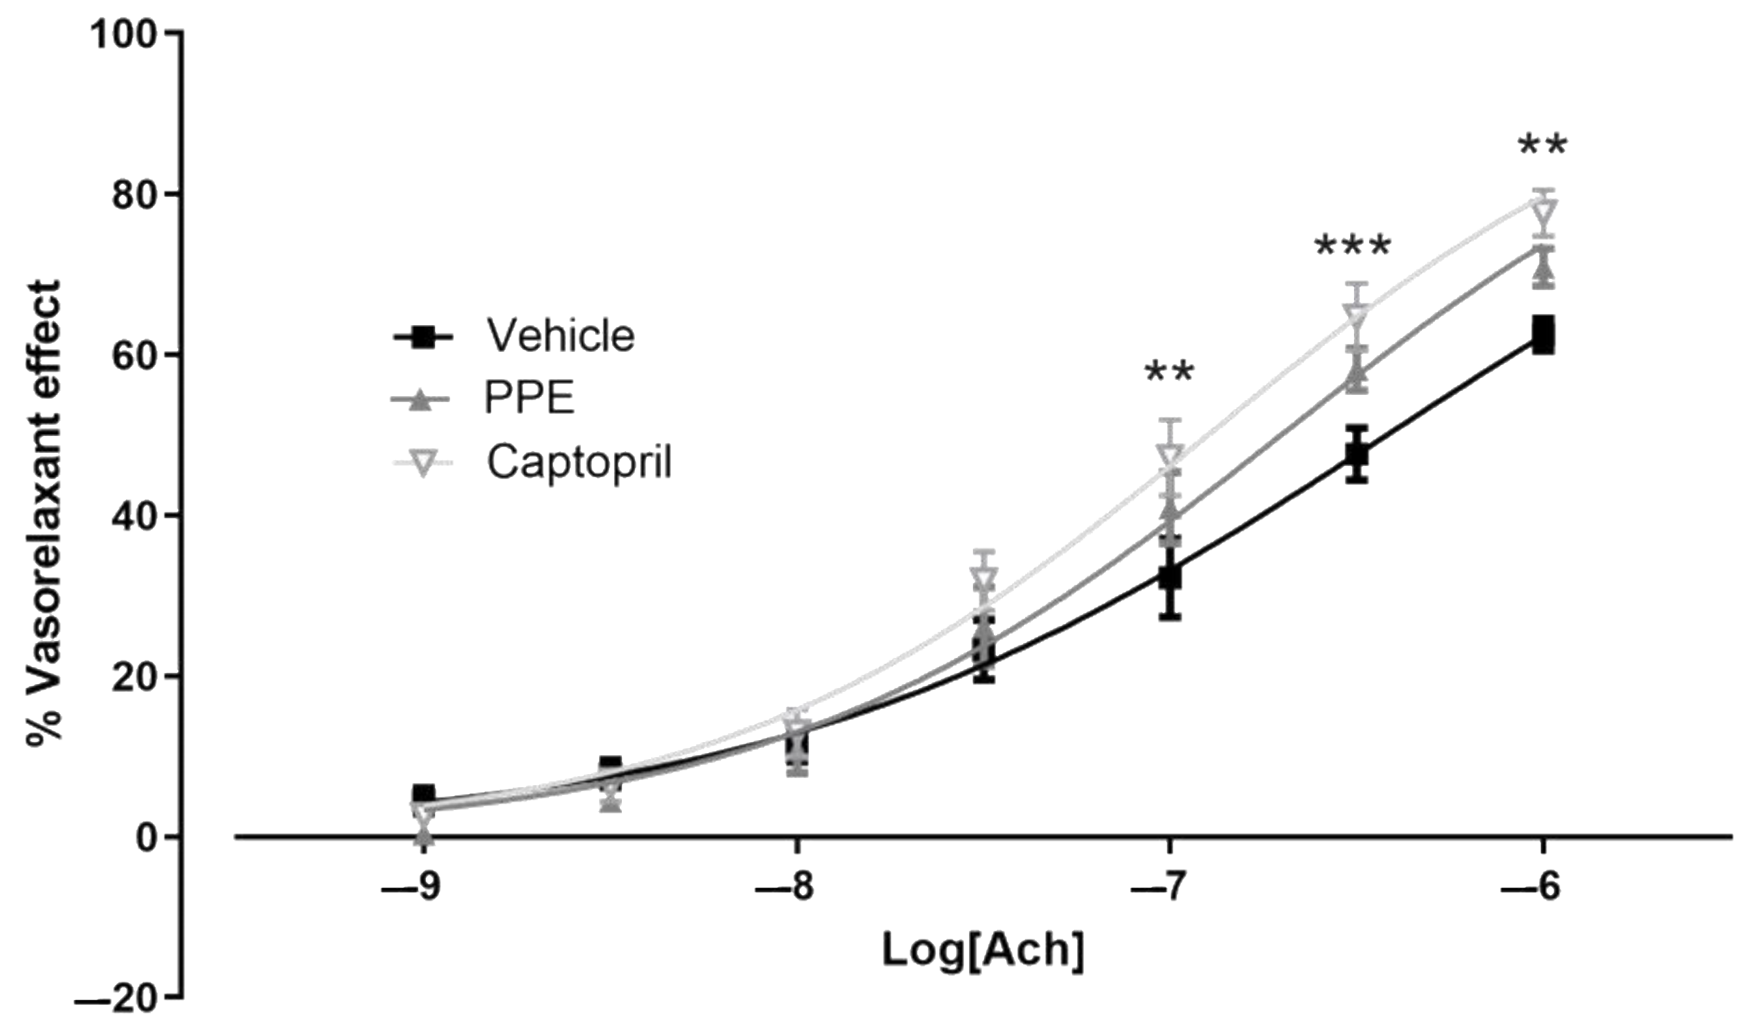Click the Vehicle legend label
561,336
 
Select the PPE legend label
529,399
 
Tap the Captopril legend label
579,461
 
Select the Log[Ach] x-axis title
983,949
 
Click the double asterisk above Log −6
1542,147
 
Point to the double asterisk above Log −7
1169,373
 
